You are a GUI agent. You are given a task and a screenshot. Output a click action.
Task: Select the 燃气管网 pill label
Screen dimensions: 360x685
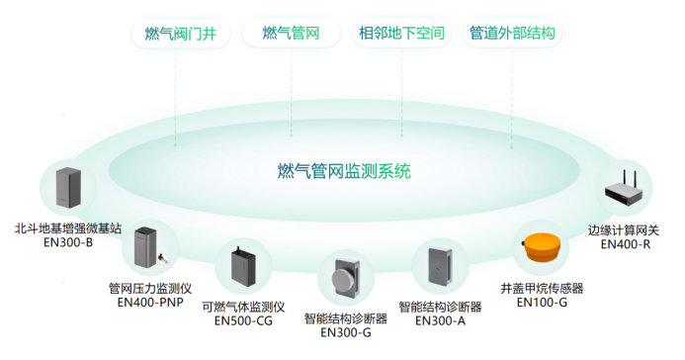click(x=291, y=34)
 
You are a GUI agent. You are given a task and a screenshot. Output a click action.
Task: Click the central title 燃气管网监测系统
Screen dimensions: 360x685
click(x=343, y=171)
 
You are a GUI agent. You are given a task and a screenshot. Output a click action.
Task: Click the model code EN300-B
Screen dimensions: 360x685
click(x=67, y=241)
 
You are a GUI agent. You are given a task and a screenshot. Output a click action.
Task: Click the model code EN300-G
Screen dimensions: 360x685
click(x=346, y=332)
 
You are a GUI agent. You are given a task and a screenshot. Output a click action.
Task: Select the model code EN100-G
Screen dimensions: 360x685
click(x=543, y=302)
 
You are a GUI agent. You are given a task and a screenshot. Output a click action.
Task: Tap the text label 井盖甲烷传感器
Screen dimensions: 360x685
click(x=543, y=288)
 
